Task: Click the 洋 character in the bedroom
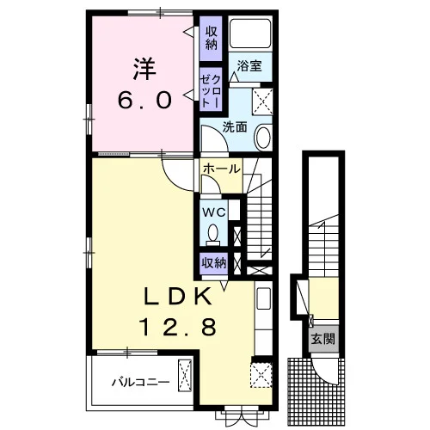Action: coord(144,69)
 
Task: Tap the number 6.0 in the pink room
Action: coord(145,101)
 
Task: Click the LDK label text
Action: coord(178,296)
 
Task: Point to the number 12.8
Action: coord(178,328)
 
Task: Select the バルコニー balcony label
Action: coord(140,382)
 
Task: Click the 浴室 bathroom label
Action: coord(249,66)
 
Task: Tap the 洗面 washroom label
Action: coord(235,127)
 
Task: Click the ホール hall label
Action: coord(221,169)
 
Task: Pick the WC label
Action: coord(214,212)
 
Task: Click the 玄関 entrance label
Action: coord(323,340)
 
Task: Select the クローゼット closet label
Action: coord(211,91)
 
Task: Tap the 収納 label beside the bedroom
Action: coord(211,38)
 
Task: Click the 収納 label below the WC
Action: coord(214,263)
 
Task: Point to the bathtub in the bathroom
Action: coord(250,34)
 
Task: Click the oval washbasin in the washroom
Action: coord(263,138)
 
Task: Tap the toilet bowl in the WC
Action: coord(212,233)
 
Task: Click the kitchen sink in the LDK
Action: coord(264,298)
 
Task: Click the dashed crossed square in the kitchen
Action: coord(261,376)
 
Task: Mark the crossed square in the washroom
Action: coord(262,101)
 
